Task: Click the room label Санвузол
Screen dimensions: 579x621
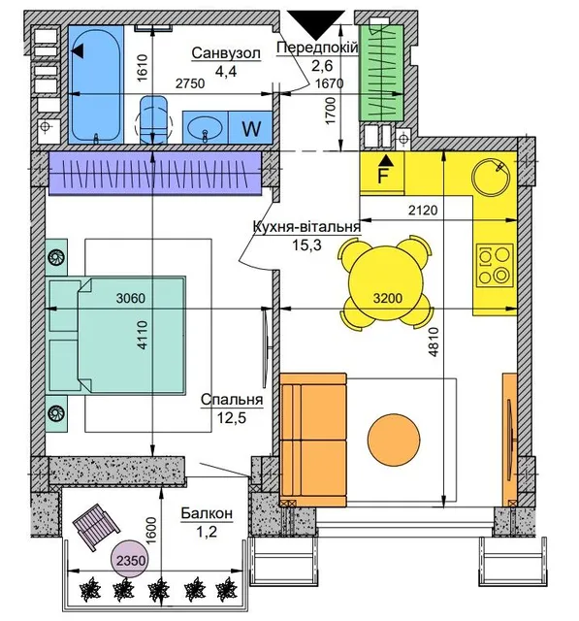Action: click(226, 53)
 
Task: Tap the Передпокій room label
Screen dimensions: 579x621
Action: click(317, 48)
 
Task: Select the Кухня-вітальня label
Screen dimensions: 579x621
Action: click(306, 227)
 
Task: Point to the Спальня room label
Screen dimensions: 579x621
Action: click(232, 400)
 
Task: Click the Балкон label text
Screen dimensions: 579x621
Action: click(207, 513)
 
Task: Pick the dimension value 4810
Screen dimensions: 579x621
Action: click(434, 342)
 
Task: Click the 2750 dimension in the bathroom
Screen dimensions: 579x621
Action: click(190, 83)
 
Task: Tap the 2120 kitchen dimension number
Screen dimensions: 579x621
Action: click(423, 210)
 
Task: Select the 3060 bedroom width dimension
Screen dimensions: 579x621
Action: click(131, 298)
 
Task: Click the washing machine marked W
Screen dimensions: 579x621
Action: click(250, 128)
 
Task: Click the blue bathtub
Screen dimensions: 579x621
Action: click(95, 84)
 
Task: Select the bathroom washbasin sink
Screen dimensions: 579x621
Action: click(205, 128)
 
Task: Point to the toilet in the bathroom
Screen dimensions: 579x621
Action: click(153, 119)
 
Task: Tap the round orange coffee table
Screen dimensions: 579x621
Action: click(394, 440)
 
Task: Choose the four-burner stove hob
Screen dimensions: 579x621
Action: click(495, 265)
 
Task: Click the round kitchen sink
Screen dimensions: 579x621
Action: click(491, 177)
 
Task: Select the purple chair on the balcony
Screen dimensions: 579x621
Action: click(96, 527)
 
